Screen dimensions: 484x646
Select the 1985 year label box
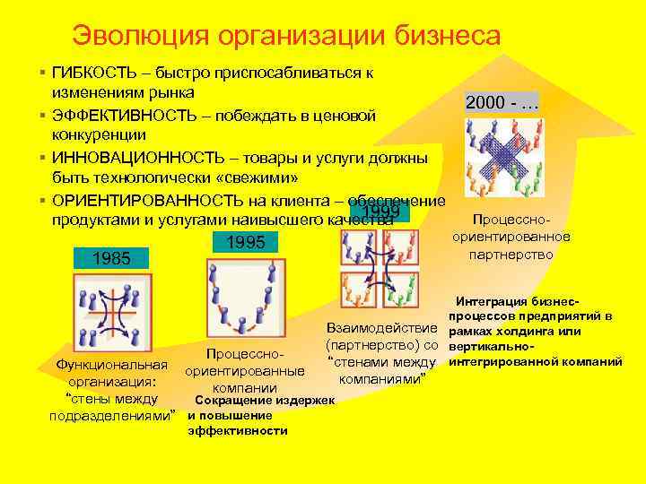(111, 259)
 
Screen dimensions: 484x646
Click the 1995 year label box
(244, 242)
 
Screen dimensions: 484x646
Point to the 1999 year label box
(375, 212)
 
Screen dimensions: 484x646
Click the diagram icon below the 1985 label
(112, 314)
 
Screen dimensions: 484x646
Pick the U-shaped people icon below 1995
(246, 295)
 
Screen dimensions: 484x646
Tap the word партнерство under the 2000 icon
(511, 255)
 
